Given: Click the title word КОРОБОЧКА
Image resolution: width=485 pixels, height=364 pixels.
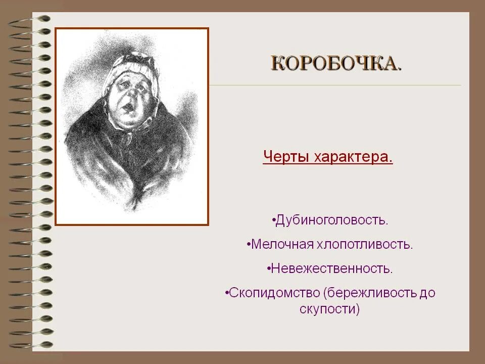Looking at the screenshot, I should [336, 64].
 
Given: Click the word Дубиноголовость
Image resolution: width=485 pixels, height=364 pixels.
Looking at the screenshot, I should [332, 220].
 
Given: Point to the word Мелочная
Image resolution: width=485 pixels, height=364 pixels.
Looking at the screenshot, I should [282, 244].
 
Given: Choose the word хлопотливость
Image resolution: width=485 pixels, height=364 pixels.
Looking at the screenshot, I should [365, 244].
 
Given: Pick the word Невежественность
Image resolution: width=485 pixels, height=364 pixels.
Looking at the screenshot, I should [331, 268].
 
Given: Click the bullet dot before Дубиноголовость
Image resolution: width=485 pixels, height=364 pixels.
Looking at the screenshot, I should [273, 220].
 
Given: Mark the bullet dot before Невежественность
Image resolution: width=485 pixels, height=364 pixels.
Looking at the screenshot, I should [269, 268].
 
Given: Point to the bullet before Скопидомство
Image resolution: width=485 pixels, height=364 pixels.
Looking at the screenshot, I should [227, 293].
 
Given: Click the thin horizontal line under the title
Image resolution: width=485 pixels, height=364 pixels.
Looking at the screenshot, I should [333, 85].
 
